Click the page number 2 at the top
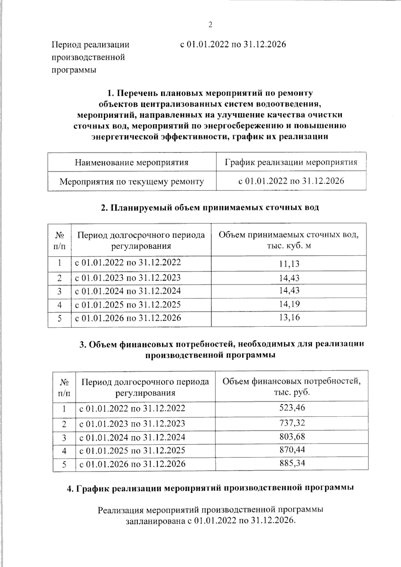210,25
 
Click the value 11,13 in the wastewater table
289,264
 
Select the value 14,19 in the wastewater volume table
289,304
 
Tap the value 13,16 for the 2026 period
289,317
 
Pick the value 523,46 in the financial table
292,407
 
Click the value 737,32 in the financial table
292,423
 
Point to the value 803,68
292,437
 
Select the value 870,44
292,450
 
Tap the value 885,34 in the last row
292,463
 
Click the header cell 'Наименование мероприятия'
132,162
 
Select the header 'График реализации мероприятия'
291,162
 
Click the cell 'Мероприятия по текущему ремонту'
132,181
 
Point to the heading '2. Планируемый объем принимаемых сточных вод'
210,207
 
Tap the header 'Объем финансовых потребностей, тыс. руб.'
292,387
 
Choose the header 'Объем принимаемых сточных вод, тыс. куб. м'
289,240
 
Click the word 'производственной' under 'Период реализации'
88,57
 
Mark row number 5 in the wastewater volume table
59,318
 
